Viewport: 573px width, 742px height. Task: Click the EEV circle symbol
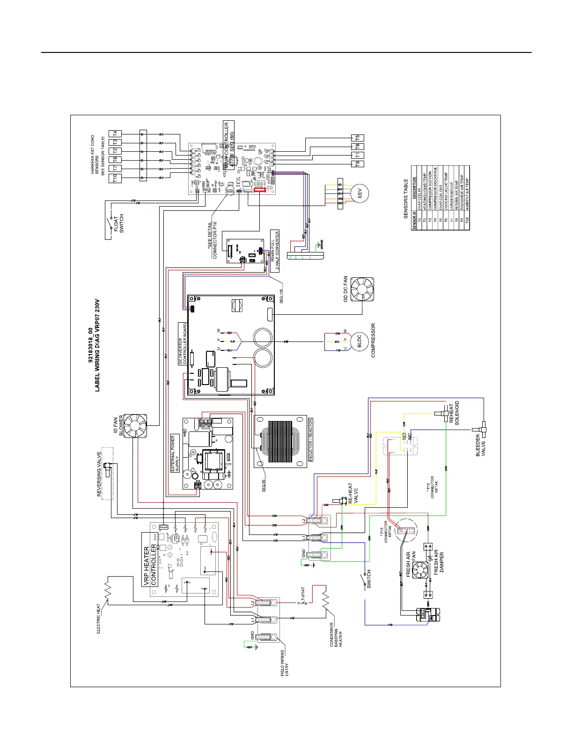point(360,193)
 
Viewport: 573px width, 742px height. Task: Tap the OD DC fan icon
point(362,289)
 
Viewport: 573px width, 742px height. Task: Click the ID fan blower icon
point(135,425)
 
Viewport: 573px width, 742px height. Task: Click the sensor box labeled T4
point(115,134)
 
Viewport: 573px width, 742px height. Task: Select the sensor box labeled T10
point(115,178)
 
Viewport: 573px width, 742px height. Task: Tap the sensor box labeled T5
point(357,138)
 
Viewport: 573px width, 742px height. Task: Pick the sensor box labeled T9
point(357,164)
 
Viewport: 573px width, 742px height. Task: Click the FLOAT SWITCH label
point(119,224)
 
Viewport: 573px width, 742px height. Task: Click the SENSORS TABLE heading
point(406,199)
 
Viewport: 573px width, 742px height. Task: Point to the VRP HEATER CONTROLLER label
point(150,560)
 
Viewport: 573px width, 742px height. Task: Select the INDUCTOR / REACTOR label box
point(310,439)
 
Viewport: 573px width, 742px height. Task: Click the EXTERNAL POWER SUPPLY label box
point(175,453)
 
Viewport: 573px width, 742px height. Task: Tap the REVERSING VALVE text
point(99,474)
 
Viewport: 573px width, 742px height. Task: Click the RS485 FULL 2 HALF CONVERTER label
point(275,251)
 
